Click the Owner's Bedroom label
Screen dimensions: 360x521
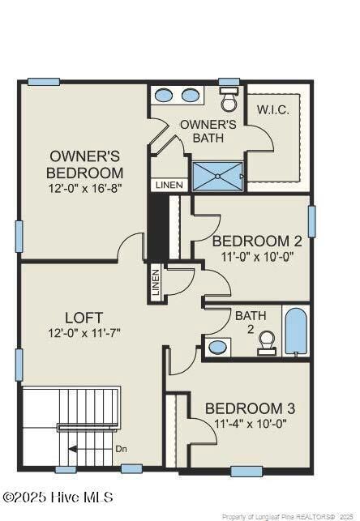[84, 164]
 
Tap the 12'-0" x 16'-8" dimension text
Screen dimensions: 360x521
[85, 189]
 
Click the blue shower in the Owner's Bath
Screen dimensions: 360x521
[218, 176]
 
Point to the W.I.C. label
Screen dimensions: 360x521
[273, 110]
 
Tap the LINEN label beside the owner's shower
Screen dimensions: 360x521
[169, 185]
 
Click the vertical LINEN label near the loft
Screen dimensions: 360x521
[156, 283]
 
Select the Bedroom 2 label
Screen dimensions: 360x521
[257, 241]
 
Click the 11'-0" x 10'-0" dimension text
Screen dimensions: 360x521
[257, 257]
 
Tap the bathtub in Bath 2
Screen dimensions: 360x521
[295, 331]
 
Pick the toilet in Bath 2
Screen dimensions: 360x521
[267, 343]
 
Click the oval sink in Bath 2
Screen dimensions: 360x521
[217, 348]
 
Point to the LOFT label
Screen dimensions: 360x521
[84, 318]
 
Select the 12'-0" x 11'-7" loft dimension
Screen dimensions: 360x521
[84, 333]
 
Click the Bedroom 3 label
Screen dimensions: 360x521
[250, 408]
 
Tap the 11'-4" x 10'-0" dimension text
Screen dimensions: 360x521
[250, 424]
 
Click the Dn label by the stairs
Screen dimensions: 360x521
[121, 449]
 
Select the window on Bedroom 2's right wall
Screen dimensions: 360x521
[312, 221]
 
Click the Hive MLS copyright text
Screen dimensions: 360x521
[58, 497]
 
